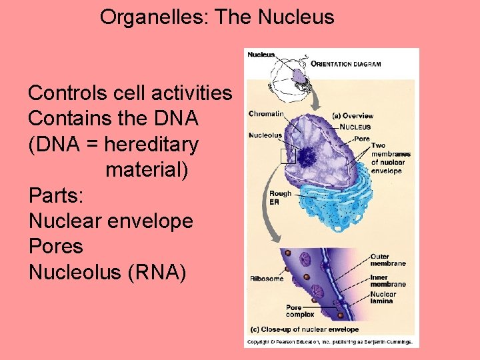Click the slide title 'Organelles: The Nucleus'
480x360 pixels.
217,17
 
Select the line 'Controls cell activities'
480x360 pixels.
130,93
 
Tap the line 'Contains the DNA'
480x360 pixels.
113,119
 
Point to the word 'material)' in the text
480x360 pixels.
147,169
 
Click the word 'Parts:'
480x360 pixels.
57,195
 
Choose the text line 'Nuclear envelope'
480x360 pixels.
111,221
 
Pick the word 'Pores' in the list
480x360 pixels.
56,246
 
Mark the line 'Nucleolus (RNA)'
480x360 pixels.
107,272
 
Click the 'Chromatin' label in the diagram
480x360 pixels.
265,114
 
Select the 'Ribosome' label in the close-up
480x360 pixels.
266,279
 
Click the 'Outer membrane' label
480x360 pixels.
388,260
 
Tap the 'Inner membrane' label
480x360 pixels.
388,281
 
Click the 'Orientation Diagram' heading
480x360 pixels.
346,65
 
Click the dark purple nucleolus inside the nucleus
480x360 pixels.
307,157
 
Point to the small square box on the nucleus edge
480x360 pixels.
287,156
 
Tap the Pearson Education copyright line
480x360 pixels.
329,342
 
